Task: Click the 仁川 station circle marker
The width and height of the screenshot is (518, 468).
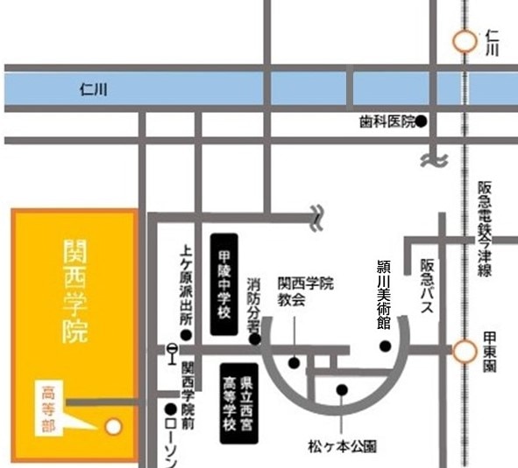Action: click(462, 40)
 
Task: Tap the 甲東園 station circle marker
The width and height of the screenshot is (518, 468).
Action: click(462, 352)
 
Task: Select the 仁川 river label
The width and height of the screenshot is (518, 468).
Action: click(92, 88)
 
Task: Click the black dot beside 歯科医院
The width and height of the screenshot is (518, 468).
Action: click(421, 122)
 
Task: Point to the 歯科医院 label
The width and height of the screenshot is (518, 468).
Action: click(387, 122)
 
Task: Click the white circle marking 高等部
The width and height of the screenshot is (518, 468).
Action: click(111, 427)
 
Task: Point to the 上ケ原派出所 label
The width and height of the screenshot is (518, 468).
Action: click(185, 283)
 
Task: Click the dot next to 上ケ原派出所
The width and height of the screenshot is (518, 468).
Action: click(186, 334)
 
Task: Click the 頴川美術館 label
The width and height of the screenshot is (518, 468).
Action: click(383, 293)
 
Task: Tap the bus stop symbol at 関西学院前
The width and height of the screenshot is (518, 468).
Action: click(172, 351)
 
